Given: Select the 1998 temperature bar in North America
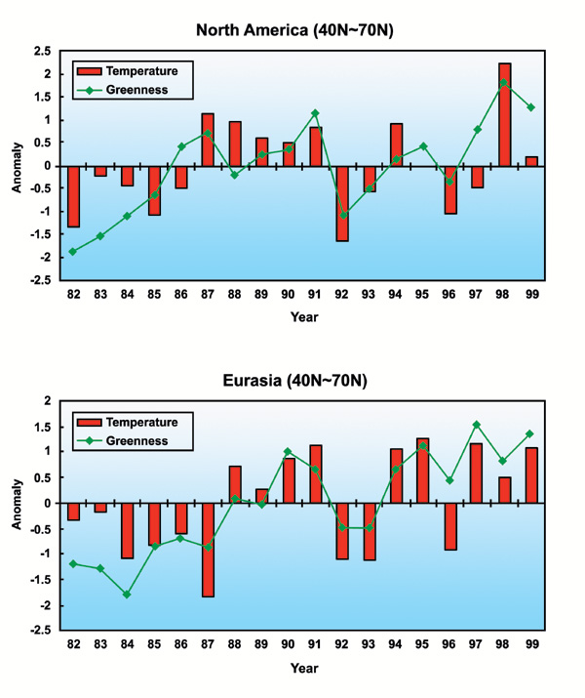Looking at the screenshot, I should (x=504, y=114).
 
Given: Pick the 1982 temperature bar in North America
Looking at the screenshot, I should (x=74, y=196).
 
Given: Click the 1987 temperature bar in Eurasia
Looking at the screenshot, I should (x=209, y=550).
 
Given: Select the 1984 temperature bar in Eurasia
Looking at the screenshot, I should (x=128, y=530).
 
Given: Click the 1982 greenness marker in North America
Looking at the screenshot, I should (x=74, y=252).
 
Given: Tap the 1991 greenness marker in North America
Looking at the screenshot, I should (x=316, y=113).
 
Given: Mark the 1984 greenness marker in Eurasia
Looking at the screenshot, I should (x=128, y=595).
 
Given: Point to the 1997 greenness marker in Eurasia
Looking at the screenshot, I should (x=477, y=425).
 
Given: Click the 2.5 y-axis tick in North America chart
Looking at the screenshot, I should (x=43, y=51).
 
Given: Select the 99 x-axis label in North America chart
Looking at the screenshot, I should (x=530, y=294).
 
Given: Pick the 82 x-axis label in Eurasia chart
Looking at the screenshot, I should (x=74, y=644).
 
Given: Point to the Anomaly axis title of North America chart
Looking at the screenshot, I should (x=17, y=165).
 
